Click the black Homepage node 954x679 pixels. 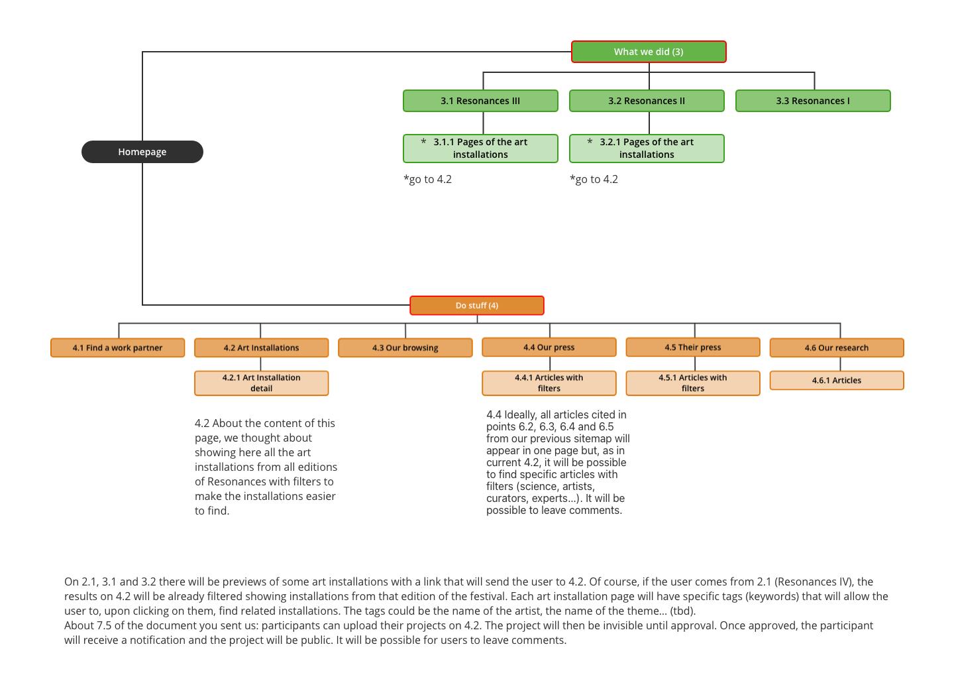[x=142, y=152]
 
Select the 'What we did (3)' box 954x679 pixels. [x=649, y=52]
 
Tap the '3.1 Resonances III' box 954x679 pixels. [x=480, y=101]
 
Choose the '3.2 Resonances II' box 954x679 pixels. [x=647, y=101]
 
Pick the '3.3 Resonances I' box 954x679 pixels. [x=813, y=101]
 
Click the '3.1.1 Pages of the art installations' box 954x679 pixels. [x=480, y=149]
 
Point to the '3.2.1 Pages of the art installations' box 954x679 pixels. [x=647, y=149]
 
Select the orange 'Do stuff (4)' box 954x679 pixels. [x=477, y=306]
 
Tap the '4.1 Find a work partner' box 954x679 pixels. [x=117, y=348]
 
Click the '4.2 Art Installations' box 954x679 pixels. [x=262, y=348]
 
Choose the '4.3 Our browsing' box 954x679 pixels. [x=405, y=348]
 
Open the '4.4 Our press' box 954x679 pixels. [x=549, y=347]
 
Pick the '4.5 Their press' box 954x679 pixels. [x=693, y=347]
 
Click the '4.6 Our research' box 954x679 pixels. [x=837, y=348]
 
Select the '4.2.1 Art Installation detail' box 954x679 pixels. [x=262, y=383]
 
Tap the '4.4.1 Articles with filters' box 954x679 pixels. [x=549, y=383]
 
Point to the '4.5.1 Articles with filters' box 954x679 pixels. [x=693, y=383]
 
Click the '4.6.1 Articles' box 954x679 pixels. [x=837, y=380]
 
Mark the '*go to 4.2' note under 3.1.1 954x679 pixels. [x=427, y=180]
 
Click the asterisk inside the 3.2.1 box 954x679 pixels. [x=590, y=141]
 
